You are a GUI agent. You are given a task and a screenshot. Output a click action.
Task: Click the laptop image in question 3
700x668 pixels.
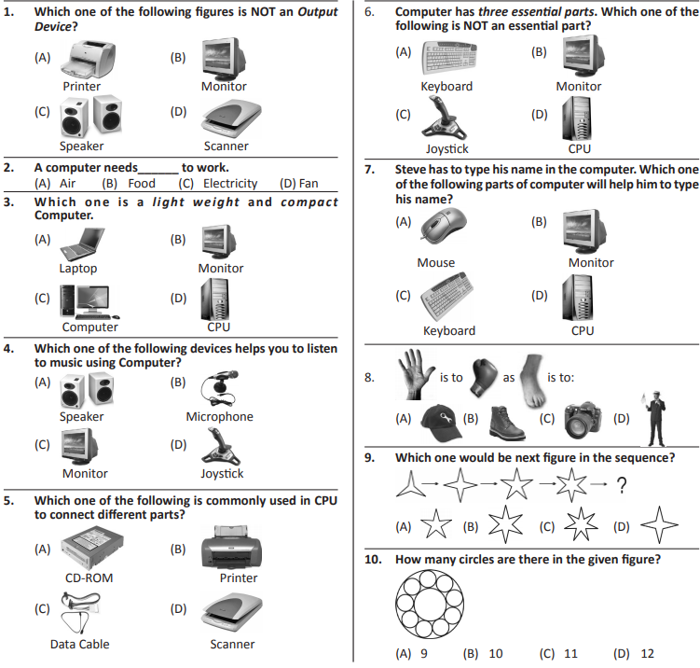(80, 244)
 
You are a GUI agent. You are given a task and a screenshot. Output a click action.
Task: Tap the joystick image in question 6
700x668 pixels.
(447, 120)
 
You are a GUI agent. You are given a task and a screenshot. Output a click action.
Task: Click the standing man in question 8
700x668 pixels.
(654, 418)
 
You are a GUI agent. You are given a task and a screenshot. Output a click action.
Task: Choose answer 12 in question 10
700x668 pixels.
(647, 653)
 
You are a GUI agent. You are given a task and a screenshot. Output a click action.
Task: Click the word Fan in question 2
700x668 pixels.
(308, 184)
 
